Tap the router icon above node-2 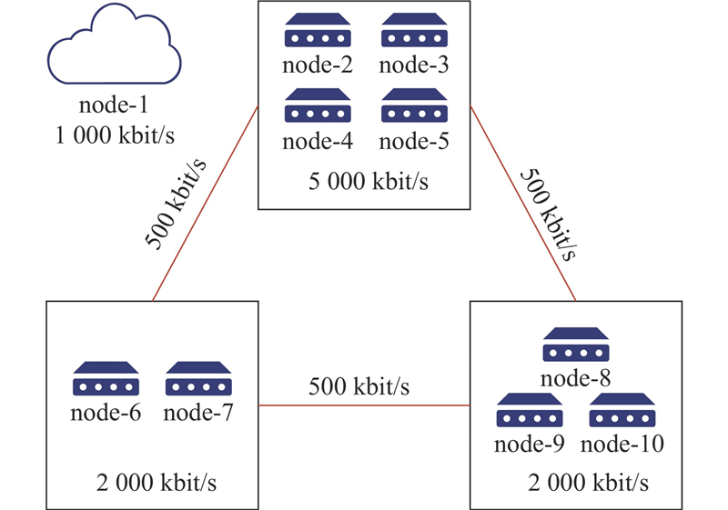pos(317,32)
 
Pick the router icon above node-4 pos(317,107)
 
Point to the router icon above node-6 pos(105,379)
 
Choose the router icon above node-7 pos(197,379)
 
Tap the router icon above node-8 pos(574,345)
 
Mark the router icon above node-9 pos(528,411)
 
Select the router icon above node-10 pos(622,411)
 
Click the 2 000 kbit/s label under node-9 pos(588,479)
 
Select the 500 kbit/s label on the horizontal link pos(359,386)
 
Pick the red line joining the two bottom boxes pos(364,405)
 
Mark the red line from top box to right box pos(523,202)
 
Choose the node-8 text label pos(574,376)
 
